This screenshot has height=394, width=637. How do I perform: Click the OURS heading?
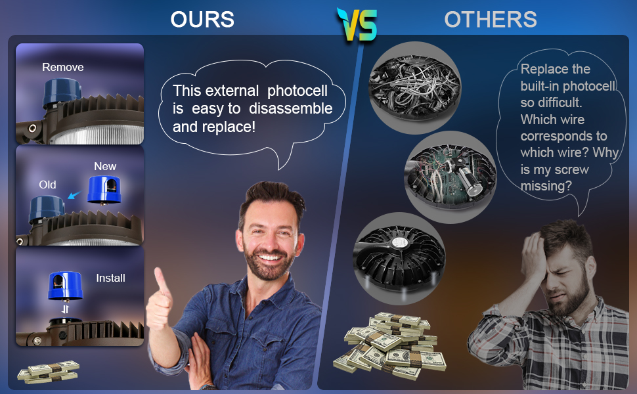click(x=202, y=19)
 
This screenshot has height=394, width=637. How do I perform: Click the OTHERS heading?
click(x=491, y=19)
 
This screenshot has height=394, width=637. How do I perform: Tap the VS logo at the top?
click(x=357, y=24)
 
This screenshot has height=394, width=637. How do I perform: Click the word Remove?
click(x=63, y=67)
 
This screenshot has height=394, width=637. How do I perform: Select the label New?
click(x=105, y=166)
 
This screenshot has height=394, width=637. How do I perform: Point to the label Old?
click(x=47, y=185)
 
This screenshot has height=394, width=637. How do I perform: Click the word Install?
click(x=110, y=278)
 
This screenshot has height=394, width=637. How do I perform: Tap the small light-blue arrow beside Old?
click(x=74, y=196)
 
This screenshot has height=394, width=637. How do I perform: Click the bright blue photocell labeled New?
click(x=104, y=190)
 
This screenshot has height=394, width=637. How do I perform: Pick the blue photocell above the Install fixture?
click(x=66, y=286)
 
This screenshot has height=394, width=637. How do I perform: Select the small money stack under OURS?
click(x=49, y=371)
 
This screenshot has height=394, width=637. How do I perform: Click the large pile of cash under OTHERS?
click(x=389, y=345)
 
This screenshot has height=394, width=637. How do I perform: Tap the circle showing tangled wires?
click(x=415, y=88)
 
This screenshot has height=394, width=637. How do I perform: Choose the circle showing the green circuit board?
click(x=450, y=177)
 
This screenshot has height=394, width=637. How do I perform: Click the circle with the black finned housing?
click(x=400, y=258)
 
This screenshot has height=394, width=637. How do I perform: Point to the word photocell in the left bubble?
click(x=297, y=91)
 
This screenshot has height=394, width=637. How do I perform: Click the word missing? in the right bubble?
click(x=546, y=186)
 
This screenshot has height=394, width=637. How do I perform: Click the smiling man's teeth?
click(x=270, y=257)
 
